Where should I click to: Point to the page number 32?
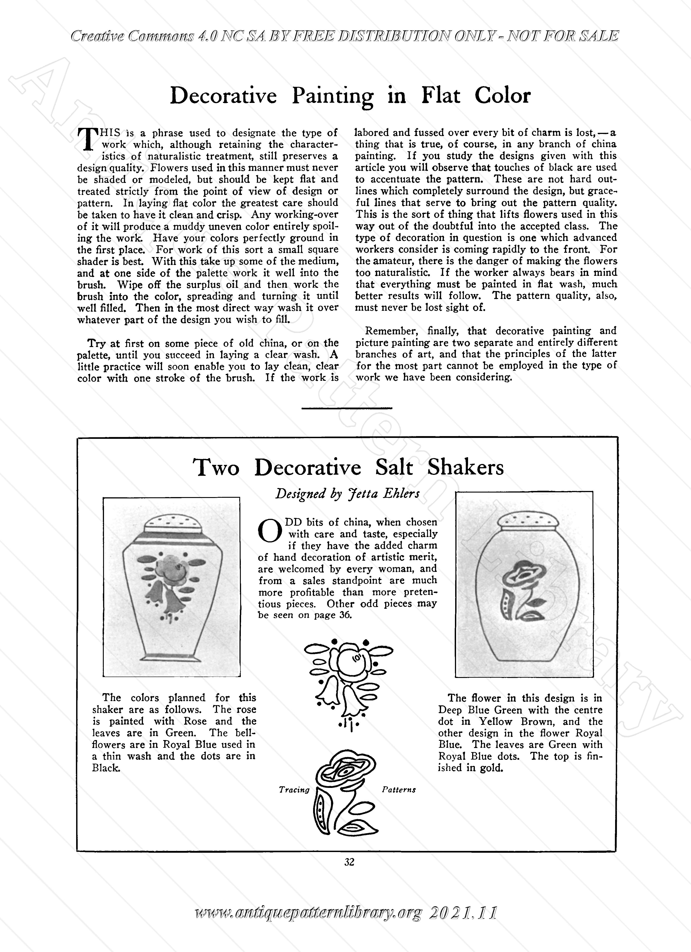click(349, 862)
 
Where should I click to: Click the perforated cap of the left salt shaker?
click(171, 524)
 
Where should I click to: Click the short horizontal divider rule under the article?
click(347, 408)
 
